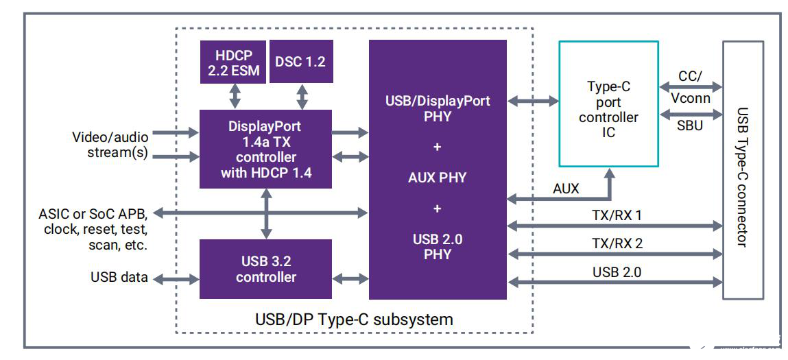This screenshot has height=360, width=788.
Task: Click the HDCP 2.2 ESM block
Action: click(x=233, y=62)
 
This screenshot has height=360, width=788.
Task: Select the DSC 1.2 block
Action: click(x=300, y=62)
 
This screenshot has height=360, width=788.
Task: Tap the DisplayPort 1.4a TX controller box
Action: click(x=265, y=149)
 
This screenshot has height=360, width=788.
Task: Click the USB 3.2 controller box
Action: click(x=265, y=269)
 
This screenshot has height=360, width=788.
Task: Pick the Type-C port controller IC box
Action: click(x=608, y=104)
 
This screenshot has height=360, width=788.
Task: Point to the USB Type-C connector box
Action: click(x=742, y=169)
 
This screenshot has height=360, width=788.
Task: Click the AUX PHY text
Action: click(x=437, y=178)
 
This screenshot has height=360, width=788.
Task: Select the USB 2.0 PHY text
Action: click(x=437, y=246)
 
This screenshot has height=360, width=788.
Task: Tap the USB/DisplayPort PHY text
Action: click(x=437, y=108)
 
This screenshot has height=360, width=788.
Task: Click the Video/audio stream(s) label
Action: click(x=109, y=144)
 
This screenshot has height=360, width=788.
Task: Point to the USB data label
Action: click(x=118, y=278)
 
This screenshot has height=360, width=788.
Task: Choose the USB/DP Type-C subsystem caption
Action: click(x=354, y=319)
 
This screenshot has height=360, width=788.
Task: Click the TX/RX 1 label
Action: click(x=617, y=215)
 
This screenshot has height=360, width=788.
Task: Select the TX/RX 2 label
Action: click(x=617, y=243)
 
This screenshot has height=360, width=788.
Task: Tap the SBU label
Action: click(x=689, y=125)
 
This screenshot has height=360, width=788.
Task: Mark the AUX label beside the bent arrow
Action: click(x=565, y=188)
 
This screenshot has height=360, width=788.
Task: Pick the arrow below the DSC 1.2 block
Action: click(x=302, y=96)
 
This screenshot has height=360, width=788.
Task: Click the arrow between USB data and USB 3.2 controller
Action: click(x=175, y=278)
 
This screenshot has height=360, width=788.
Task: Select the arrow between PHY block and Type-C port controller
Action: click(x=532, y=101)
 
